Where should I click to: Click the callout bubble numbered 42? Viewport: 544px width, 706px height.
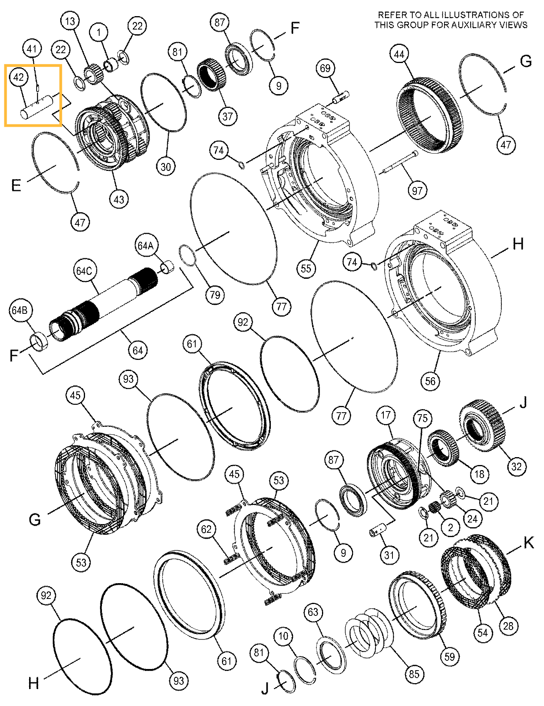pos(19,77)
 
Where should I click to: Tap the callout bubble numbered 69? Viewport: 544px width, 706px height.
pos(325,69)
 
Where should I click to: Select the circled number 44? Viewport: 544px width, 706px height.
pos(399,54)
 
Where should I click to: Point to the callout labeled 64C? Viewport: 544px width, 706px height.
pos(84,271)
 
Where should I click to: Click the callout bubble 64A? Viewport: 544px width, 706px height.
pos(146,246)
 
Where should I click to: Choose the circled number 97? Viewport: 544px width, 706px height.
pos(417,191)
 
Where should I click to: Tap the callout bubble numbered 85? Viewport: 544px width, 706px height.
pos(414,674)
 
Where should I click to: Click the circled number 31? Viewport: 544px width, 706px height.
pos(389,555)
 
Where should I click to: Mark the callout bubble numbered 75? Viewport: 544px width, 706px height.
pos(422,418)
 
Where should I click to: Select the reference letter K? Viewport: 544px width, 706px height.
pos(528,543)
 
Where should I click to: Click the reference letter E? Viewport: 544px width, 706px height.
pos(16,185)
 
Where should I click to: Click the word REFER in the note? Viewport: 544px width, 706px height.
pos(392,15)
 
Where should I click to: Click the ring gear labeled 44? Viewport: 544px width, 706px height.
pos(430,115)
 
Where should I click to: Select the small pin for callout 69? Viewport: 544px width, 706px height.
pos(341,97)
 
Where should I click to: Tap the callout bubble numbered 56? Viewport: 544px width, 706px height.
pos(430,381)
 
